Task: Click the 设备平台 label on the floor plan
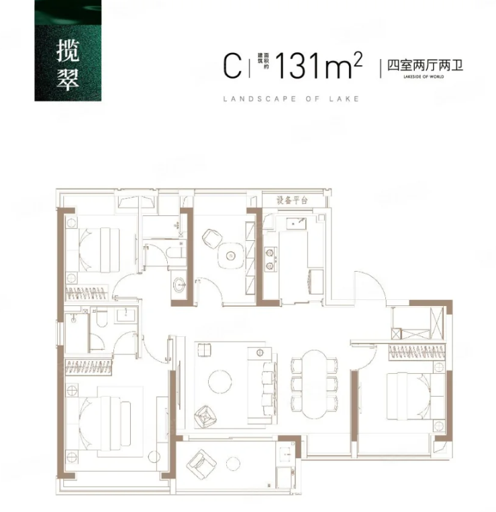point(293,200)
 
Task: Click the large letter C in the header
point(232,66)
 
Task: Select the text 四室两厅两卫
point(421,66)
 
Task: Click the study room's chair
point(211,237)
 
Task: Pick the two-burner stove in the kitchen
point(270,259)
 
